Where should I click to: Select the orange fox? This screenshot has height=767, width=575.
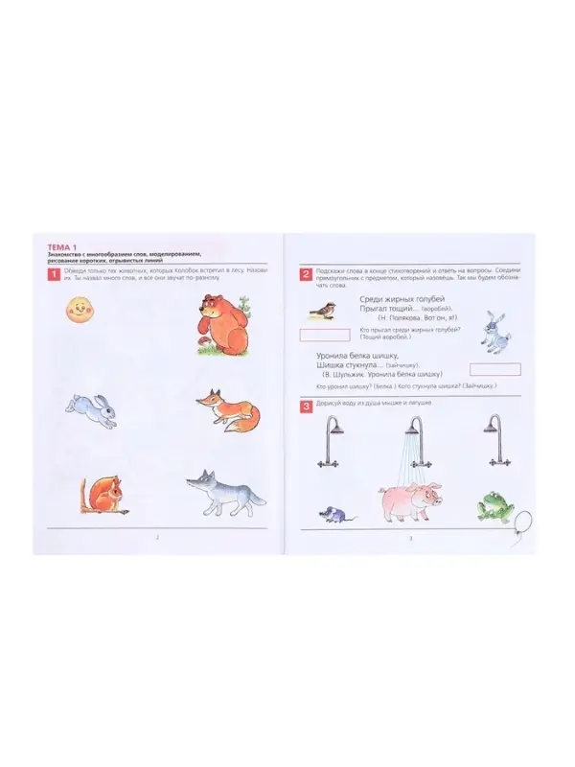click(x=230, y=408)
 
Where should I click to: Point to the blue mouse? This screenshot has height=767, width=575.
click(x=334, y=514)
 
